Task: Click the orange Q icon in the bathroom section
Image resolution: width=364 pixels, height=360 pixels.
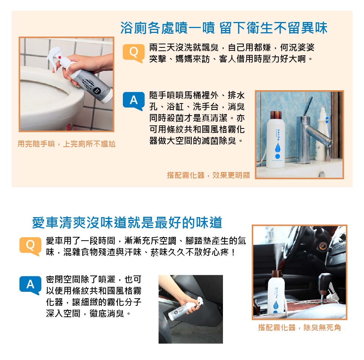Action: pyautogui.click(x=133, y=53)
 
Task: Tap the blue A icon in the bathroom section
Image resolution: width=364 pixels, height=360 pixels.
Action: pyautogui.click(x=133, y=101)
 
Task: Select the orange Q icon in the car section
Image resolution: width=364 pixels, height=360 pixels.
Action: pyautogui.click(x=30, y=246)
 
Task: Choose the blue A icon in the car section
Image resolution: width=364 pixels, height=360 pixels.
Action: pyautogui.click(x=30, y=285)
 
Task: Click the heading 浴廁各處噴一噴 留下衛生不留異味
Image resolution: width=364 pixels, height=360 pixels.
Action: pyautogui.click(x=224, y=28)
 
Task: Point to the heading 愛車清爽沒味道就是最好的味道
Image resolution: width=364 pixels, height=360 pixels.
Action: pyautogui.click(x=127, y=222)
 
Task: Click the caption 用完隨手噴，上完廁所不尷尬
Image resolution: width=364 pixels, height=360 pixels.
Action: pyautogui.click(x=66, y=144)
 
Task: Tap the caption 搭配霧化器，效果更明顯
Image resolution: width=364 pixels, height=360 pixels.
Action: pyautogui.click(x=208, y=175)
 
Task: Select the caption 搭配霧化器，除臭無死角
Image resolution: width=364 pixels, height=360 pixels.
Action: pyautogui.click(x=299, y=327)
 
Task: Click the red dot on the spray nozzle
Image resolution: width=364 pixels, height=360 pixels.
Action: pyautogui.click(x=60, y=57)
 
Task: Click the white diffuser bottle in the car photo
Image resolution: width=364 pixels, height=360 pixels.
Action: pyautogui.click(x=276, y=294)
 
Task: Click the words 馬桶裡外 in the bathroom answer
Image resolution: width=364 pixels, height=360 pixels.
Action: pyautogui.click(x=201, y=95)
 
